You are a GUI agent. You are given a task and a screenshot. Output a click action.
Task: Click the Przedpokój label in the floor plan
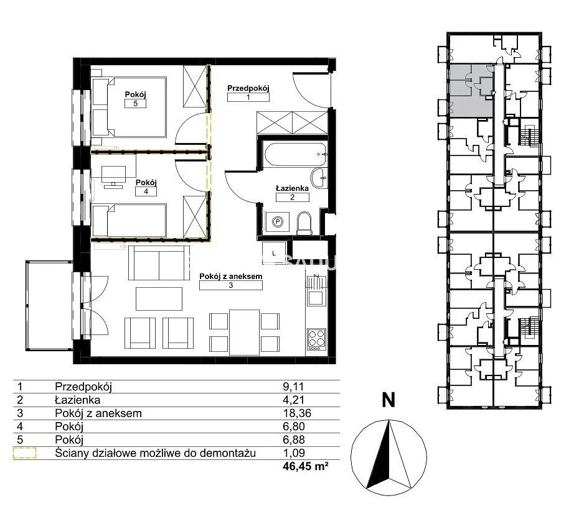(x=248, y=88)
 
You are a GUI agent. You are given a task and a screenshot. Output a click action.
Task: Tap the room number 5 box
(x=136, y=104)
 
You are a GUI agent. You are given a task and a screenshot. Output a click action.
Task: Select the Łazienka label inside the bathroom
(x=292, y=188)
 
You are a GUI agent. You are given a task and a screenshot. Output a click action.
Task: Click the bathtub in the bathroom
(x=295, y=155)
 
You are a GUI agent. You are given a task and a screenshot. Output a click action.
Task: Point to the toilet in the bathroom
(x=304, y=223)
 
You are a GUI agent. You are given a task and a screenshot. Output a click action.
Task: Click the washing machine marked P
(x=277, y=222)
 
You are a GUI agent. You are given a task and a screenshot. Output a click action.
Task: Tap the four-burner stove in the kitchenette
(x=316, y=339)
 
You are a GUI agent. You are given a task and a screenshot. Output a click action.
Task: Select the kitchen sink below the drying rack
(x=316, y=298)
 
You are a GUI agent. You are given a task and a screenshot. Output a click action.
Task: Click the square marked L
(x=273, y=254)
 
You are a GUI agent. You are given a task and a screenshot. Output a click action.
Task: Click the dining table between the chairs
(x=244, y=333)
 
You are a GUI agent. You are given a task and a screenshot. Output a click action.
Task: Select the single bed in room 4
(x=129, y=221)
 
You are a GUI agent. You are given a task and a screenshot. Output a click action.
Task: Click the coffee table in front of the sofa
(x=159, y=299)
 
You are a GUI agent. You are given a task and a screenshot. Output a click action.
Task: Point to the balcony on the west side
(x=49, y=306)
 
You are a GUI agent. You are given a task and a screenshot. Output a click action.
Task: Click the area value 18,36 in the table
(x=297, y=413)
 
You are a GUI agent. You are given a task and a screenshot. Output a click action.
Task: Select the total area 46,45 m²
(x=306, y=466)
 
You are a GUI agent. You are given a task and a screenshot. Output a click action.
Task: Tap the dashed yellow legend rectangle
(x=25, y=453)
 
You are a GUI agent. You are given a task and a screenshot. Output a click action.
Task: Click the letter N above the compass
(x=388, y=400)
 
